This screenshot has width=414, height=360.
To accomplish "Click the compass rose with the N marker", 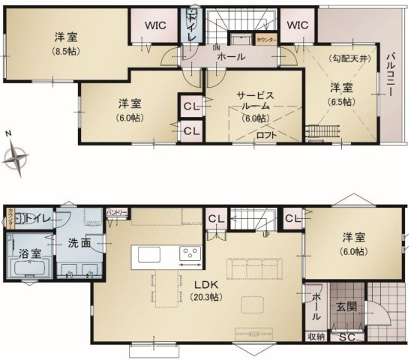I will click(x=16, y=157).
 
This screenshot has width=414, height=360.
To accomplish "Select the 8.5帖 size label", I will click(x=67, y=51).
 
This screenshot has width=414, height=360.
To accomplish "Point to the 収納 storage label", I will click(x=316, y=337).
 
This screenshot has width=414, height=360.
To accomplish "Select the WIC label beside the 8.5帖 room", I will click(x=155, y=25).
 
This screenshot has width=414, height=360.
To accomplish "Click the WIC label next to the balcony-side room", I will click(x=297, y=25).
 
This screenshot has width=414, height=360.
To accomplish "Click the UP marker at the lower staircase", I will click(x=266, y=233).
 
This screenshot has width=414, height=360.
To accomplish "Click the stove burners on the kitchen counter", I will click(x=189, y=253).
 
